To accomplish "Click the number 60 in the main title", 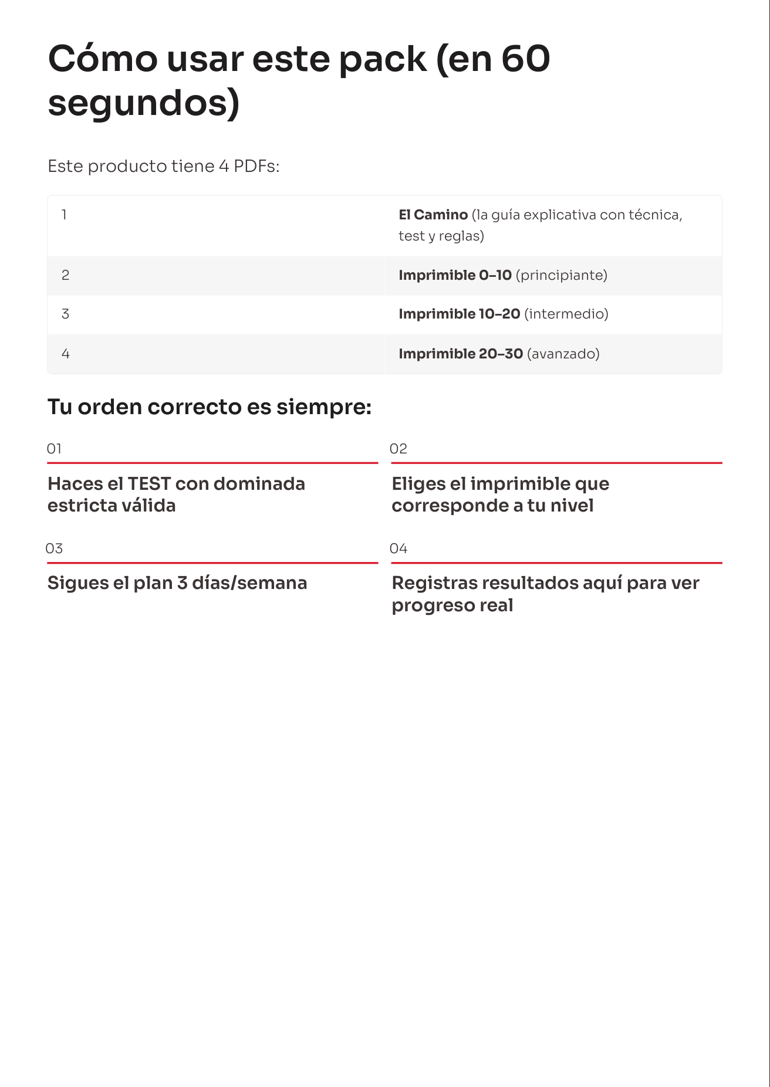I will pos(525,59).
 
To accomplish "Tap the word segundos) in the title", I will pos(144,103).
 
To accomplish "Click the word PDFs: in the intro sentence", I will pos(256,167).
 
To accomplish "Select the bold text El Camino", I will pos(433,215).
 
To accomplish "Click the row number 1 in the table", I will pos(64,215).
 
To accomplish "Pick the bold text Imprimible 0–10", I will pos(455,275).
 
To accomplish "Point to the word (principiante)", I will pos(561,275).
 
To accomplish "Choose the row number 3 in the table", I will pos(65,314).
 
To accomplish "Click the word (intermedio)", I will pos(566,314).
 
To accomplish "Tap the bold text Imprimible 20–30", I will pos(461,354).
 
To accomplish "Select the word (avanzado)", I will pos(563,354).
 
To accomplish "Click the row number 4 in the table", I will pos(65,354).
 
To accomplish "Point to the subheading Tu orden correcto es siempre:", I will pos(210,407).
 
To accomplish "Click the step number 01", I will pos(54,449).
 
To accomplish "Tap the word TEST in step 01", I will pos(149,484).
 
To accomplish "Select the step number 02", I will pos(398,449).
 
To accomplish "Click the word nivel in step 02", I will pos(572,506).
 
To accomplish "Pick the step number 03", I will pos(54,548).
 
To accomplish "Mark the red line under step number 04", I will pos(556,563).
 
